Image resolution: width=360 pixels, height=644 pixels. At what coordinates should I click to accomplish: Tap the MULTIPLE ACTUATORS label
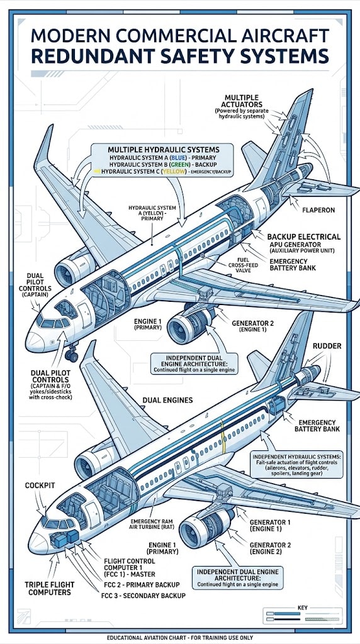(242, 103)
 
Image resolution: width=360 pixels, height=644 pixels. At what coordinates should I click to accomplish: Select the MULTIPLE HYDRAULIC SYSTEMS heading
(162, 149)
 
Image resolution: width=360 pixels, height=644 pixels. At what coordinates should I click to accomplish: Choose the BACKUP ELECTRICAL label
(304, 236)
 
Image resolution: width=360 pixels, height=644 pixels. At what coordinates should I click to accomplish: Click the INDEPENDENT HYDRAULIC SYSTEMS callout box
(296, 464)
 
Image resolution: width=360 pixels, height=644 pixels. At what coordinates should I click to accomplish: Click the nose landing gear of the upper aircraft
(72, 355)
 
